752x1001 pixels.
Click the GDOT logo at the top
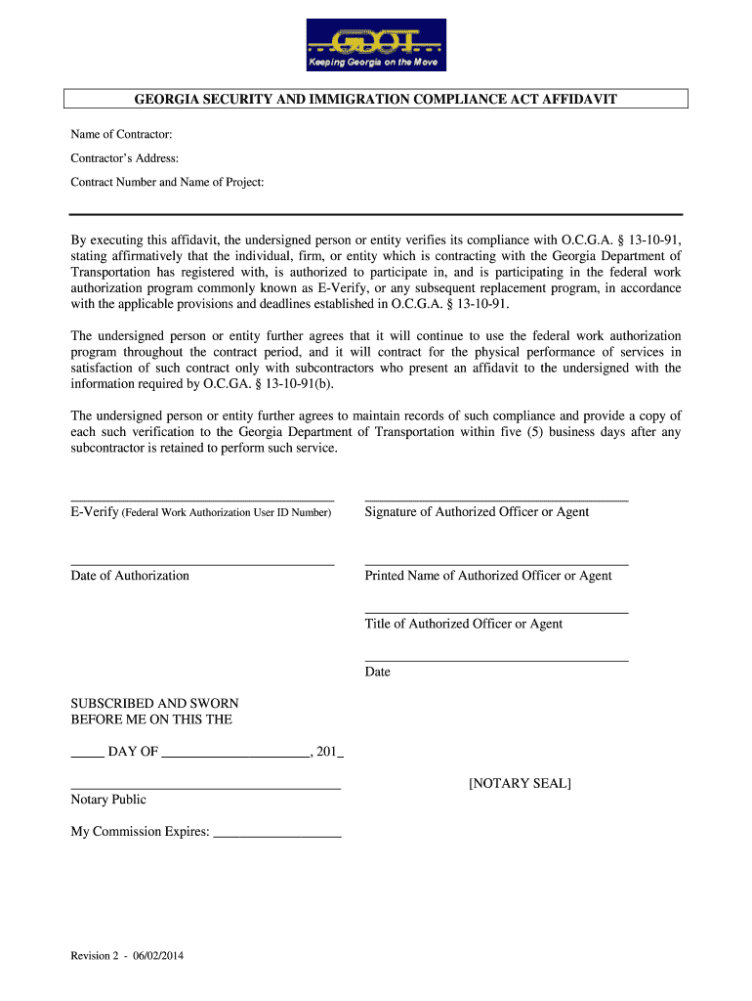click(x=376, y=45)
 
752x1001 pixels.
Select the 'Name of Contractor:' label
click(x=121, y=134)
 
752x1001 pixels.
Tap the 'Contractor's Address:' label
click(x=124, y=158)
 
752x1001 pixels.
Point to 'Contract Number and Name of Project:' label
click(x=167, y=183)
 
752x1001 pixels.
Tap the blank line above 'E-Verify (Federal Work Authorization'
click(x=202, y=500)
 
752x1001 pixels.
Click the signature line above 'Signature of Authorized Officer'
click(x=496, y=500)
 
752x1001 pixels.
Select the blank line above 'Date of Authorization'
click(x=202, y=564)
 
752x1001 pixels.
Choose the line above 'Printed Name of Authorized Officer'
click(x=496, y=564)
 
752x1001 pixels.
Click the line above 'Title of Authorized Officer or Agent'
click(x=496, y=612)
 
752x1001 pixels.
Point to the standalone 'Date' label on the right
click(x=377, y=673)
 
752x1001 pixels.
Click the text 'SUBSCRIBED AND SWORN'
click(x=154, y=704)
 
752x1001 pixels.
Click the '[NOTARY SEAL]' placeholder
click(x=520, y=784)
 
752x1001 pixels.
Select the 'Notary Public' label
click(x=108, y=800)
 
